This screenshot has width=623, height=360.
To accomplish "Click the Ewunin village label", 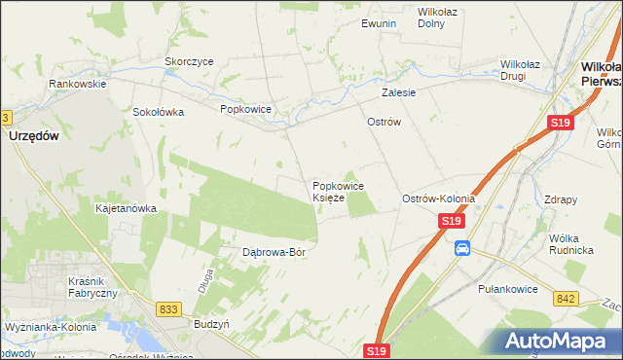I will [x=378, y=22].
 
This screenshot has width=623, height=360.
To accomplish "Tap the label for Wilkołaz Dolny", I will [x=437, y=18].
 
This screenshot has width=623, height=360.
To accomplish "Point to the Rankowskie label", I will [x=78, y=84].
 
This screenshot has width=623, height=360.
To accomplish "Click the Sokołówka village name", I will [x=159, y=111].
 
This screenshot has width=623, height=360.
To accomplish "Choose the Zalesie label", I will [x=399, y=93].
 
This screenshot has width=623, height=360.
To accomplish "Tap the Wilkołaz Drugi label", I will [x=527, y=70].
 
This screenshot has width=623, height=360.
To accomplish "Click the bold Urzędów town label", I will [x=34, y=137].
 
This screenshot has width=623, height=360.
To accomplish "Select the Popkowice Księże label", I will [x=338, y=191].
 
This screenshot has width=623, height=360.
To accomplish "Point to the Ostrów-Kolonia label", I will [x=438, y=198].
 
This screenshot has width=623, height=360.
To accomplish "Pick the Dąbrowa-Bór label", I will [x=274, y=252].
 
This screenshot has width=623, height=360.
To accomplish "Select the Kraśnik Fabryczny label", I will [x=93, y=287].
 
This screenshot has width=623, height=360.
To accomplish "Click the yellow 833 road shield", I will [x=168, y=308].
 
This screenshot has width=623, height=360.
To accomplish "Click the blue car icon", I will [x=462, y=249].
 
